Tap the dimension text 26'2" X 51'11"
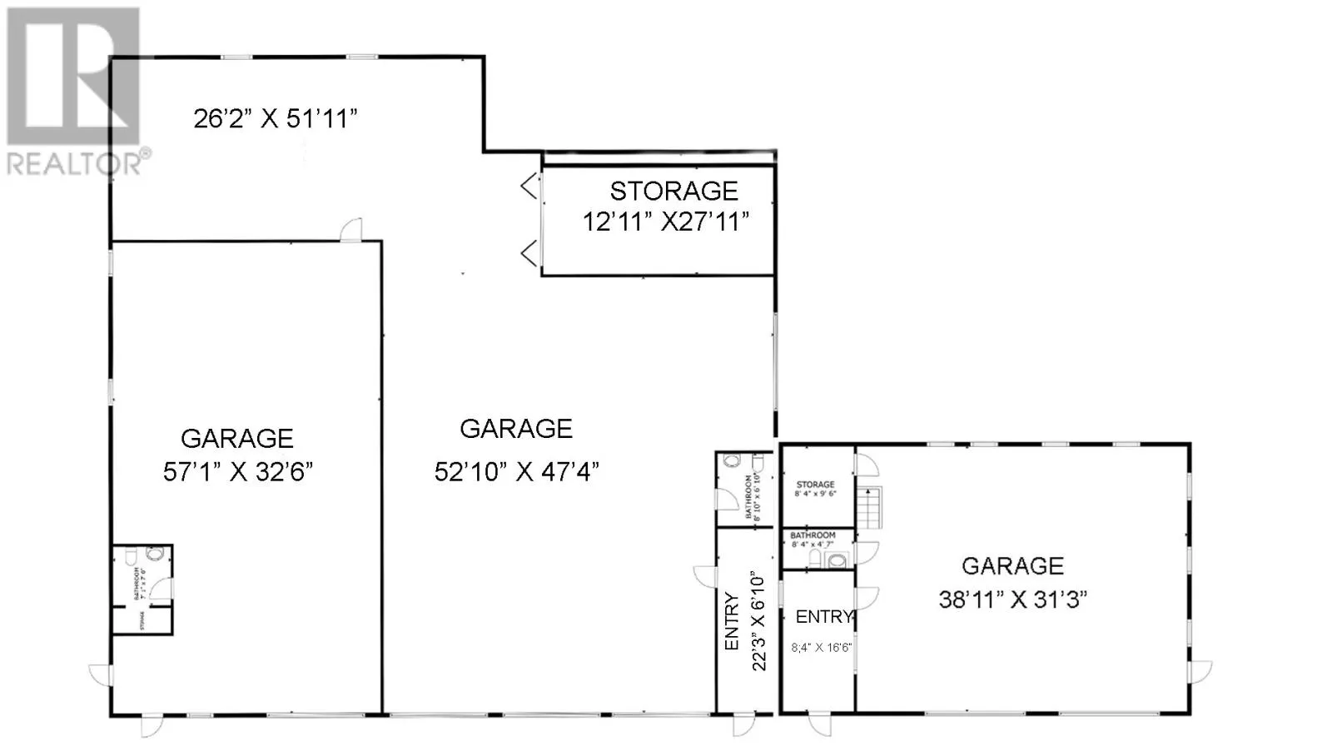(x=276, y=118)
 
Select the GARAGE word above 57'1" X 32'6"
(x=237, y=439)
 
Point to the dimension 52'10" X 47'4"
(x=516, y=472)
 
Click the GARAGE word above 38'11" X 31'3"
(x=1012, y=566)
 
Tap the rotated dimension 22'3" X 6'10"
(x=758, y=620)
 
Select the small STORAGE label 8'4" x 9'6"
(x=815, y=489)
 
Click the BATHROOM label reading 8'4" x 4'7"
(x=813, y=540)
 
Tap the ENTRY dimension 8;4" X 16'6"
(x=821, y=647)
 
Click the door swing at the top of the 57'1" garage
(x=351, y=230)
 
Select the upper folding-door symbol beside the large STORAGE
(x=529, y=186)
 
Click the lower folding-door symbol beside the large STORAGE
(x=529, y=252)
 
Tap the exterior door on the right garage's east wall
(x=1200, y=671)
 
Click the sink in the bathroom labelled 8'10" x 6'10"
(x=758, y=460)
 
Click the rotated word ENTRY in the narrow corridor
(x=732, y=621)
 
